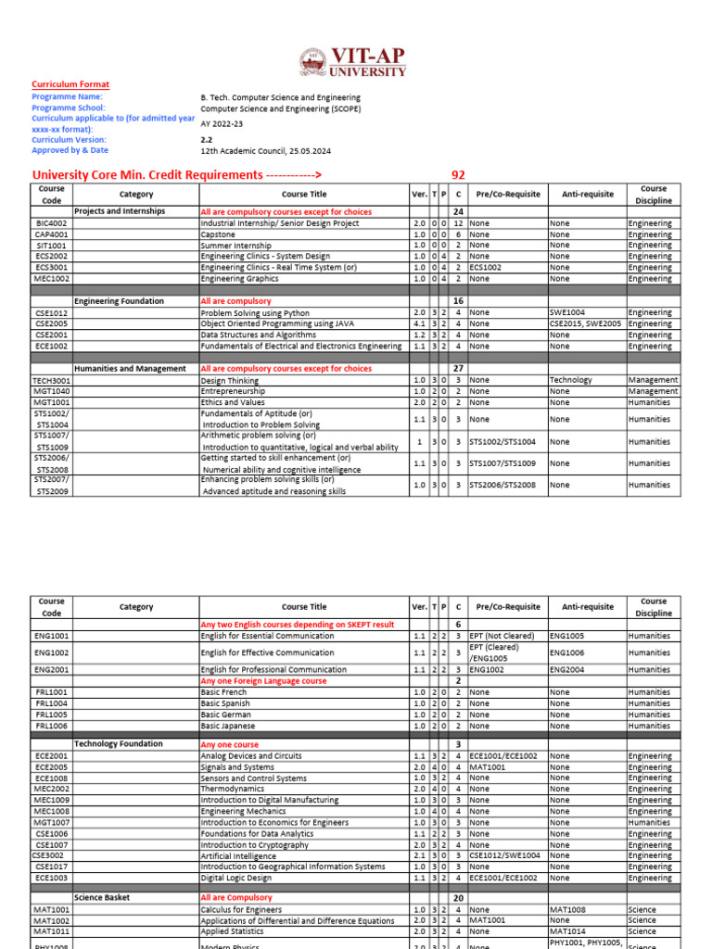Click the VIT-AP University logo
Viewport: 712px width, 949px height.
click(354, 62)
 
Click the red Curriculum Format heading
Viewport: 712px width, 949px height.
click(70, 84)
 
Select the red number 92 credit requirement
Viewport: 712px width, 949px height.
click(458, 175)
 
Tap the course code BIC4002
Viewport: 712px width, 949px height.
click(52, 223)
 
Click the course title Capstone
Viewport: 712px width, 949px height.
click(218, 234)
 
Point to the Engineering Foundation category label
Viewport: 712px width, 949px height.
click(119, 301)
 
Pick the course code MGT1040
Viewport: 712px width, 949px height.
click(52, 391)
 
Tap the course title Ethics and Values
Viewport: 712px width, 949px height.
click(233, 402)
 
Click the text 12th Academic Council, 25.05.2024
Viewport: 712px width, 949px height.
click(265, 150)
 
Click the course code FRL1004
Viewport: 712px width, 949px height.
click(52, 703)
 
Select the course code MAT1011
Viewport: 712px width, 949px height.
click(52, 931)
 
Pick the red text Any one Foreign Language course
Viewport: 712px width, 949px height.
click(263, 681)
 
